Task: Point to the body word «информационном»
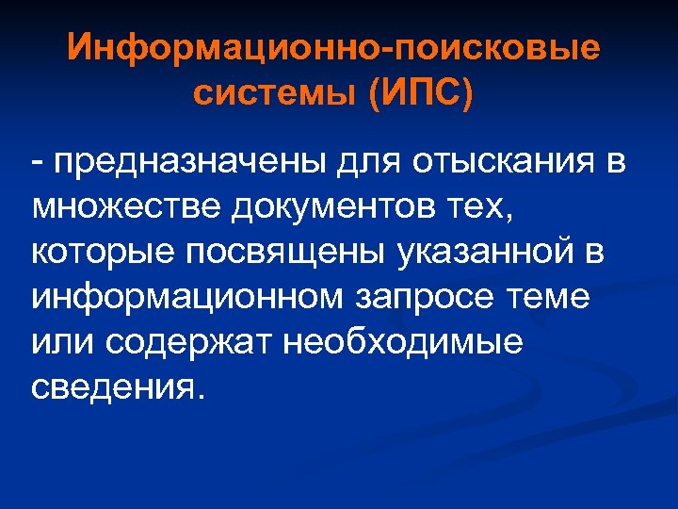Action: tap(187, 299)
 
